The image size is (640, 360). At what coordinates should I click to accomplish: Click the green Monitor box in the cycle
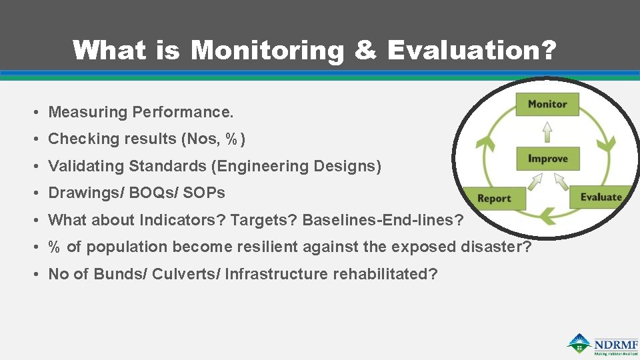(x=547, y=104)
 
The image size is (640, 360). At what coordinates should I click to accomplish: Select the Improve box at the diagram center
(x=547, y=159)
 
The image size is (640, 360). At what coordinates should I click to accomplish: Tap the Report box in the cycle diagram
(x=494, y=198)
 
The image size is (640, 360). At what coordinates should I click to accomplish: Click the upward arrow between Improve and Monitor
(x=547, y=131)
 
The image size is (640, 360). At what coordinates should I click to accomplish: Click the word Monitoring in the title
(x=267, y=51)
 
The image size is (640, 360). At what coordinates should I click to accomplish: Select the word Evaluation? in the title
(x=471, y=51)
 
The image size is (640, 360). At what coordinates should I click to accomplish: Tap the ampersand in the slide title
(x=365, y=51)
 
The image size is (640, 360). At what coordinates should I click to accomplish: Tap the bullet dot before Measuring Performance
(x=41, y=112)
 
